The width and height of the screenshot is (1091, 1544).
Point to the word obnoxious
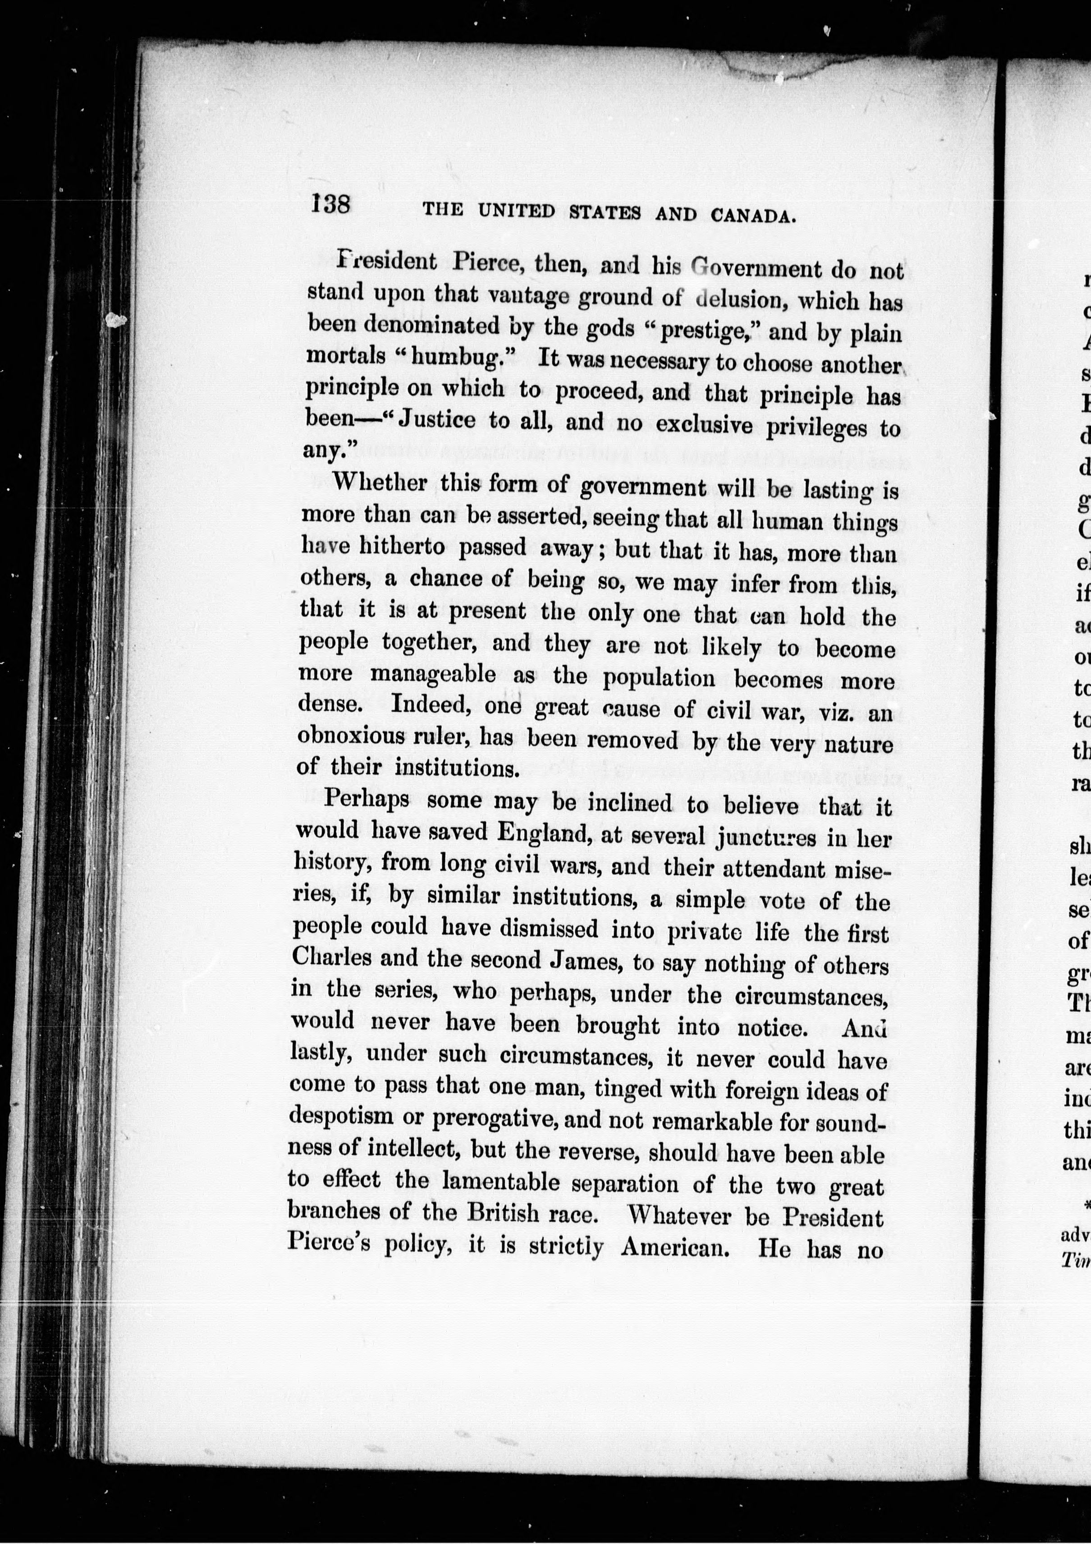point(348,737)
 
